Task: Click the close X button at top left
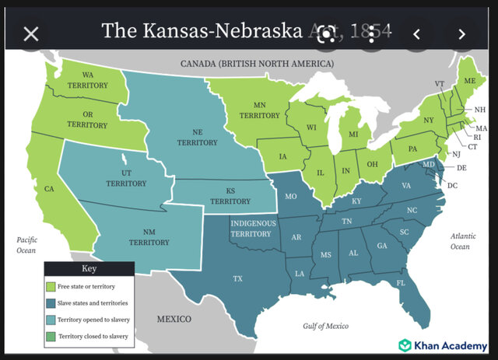(30, 33)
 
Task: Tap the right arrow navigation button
(461, 33)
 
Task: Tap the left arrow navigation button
(416, 33)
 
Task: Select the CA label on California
(49, 189)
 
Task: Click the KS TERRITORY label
(230, 195)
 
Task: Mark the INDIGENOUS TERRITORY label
(251, 229)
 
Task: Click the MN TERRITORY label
(260, 110)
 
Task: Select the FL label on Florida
(401, 283)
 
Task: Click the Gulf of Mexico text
(330, 326)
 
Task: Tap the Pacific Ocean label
(26, 245)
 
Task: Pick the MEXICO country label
(174, 320)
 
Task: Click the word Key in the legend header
(89, 269)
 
